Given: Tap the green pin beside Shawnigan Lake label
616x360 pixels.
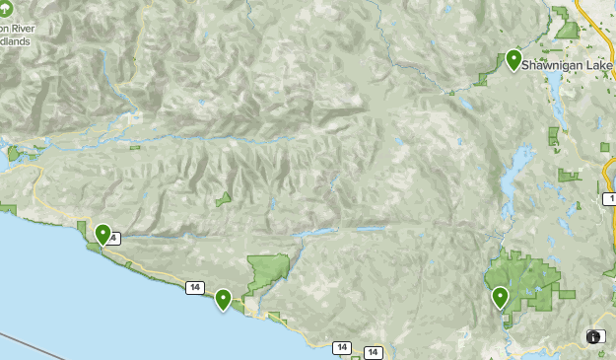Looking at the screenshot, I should pos(513,60).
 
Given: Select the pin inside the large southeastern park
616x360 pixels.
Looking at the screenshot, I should pos(500,297).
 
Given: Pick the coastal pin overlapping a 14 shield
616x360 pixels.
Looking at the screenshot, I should pos(103,234).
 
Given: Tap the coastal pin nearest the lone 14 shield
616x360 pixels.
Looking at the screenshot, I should pos(223,298).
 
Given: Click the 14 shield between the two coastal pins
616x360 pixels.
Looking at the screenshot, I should pos(194,287).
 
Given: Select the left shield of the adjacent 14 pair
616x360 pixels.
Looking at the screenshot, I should pos(342,347).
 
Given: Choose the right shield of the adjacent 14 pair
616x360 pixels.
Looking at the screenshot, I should pos(373,352).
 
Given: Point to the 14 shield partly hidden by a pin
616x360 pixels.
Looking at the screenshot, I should pos(115,238).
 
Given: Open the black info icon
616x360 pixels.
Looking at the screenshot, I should pos(595,336).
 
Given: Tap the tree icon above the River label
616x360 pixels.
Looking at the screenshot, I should pos(8,8).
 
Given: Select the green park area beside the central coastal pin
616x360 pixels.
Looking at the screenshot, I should pos(267,270).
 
